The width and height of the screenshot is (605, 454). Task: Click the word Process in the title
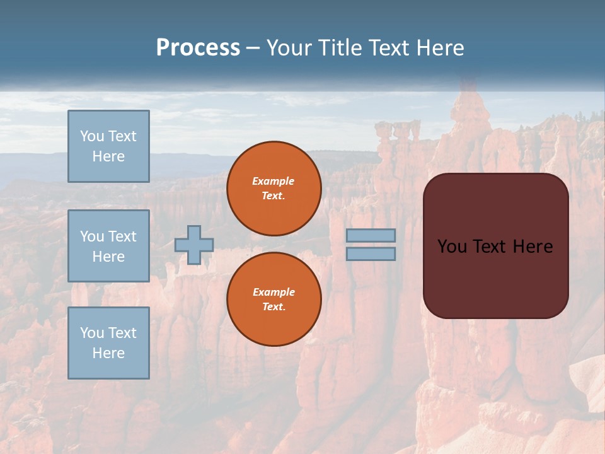click(x=198, y=48)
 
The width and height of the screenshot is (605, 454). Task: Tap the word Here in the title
click(x=441, y=48)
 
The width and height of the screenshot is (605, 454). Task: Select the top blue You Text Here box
click(x=108, y=146)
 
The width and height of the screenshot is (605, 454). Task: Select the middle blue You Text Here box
click(x=108, y=246)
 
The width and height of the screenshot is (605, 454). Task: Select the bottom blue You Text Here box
click(x=108, y=342)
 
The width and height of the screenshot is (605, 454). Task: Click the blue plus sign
click(x=194, y=245)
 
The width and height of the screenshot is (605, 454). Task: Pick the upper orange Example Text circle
click(x=274, y=189)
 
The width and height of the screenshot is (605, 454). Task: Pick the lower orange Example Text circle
click(x=274, y=300)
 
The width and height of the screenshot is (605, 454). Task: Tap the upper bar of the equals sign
click(x=371, y=236)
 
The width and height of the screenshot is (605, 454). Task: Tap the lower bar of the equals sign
click(x=371, y=253)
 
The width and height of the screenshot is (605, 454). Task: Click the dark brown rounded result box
click(x=496, y=277)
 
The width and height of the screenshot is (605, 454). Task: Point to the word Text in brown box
click(x=490, y=247)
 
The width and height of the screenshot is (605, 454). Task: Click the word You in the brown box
click(x=451, y=247)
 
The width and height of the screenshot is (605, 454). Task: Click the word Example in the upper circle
click(x=274, y=181)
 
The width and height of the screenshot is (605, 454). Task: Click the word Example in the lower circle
click(x=274, y=292)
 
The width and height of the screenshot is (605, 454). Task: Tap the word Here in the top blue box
click(x=108, y=156)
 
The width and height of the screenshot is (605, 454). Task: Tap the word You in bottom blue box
click(x=92, y=333)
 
